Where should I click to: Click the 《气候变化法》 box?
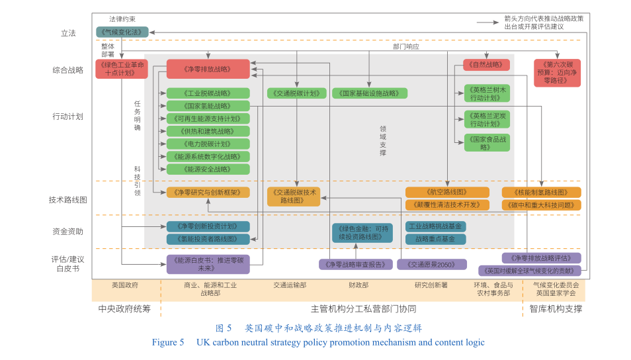tap(122, 31)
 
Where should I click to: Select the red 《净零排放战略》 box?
tap(208, 69)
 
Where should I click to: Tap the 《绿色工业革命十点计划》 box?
tap(121, 69)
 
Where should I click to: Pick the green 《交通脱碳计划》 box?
tap(296, 93)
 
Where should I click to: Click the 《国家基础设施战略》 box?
tap(369, 93)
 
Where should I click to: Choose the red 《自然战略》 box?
tap(486, 65)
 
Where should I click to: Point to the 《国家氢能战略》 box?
tap(208, 106)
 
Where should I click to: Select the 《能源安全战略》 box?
tap(208, 169)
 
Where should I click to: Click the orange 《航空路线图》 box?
tap(447, 192)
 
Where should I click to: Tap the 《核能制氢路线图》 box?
tap(541, 192)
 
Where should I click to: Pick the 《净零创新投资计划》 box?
tap(208, 226)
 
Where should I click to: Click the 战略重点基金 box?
tap(435, 239)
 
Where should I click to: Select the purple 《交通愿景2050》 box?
tap(431, 264)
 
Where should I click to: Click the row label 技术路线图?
tap(68, 199)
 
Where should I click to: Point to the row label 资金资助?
tap(68, 232)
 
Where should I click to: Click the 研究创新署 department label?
tap(431, 285)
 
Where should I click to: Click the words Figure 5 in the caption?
tap(168, 343)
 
